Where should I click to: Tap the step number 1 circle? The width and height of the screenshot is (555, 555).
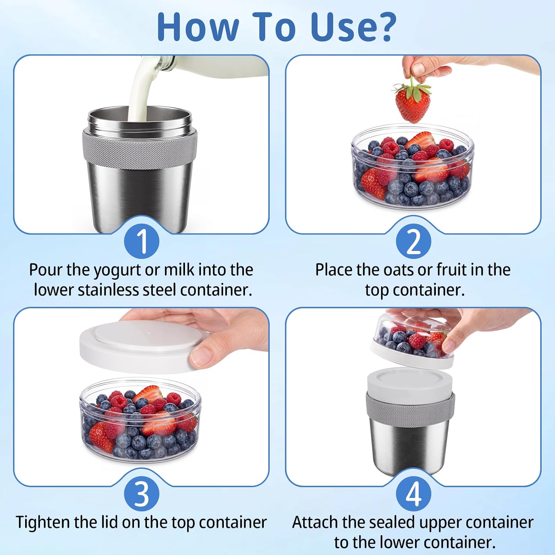tap(142, 241)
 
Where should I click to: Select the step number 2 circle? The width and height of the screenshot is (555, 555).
tap(414, 241)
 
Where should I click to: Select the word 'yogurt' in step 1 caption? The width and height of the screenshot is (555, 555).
tap(117, 270)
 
